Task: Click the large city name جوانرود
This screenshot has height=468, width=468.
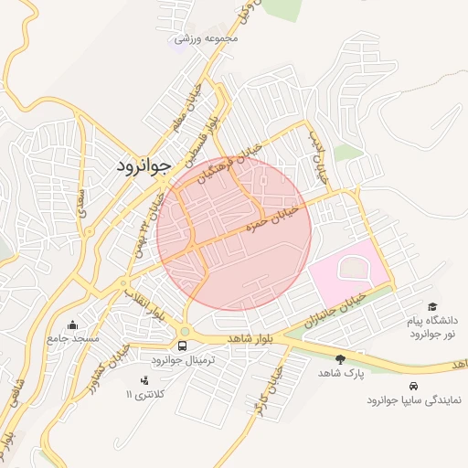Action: (144, 166)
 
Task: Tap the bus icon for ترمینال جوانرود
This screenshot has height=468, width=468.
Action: (183, 346)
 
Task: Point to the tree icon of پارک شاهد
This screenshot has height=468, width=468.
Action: (341, 360)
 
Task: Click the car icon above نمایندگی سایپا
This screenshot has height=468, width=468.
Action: (415, 386)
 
